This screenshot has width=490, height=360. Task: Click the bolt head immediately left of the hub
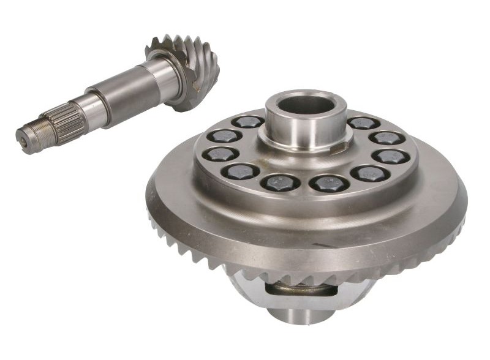248,121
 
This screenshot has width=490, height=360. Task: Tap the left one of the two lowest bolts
279,182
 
